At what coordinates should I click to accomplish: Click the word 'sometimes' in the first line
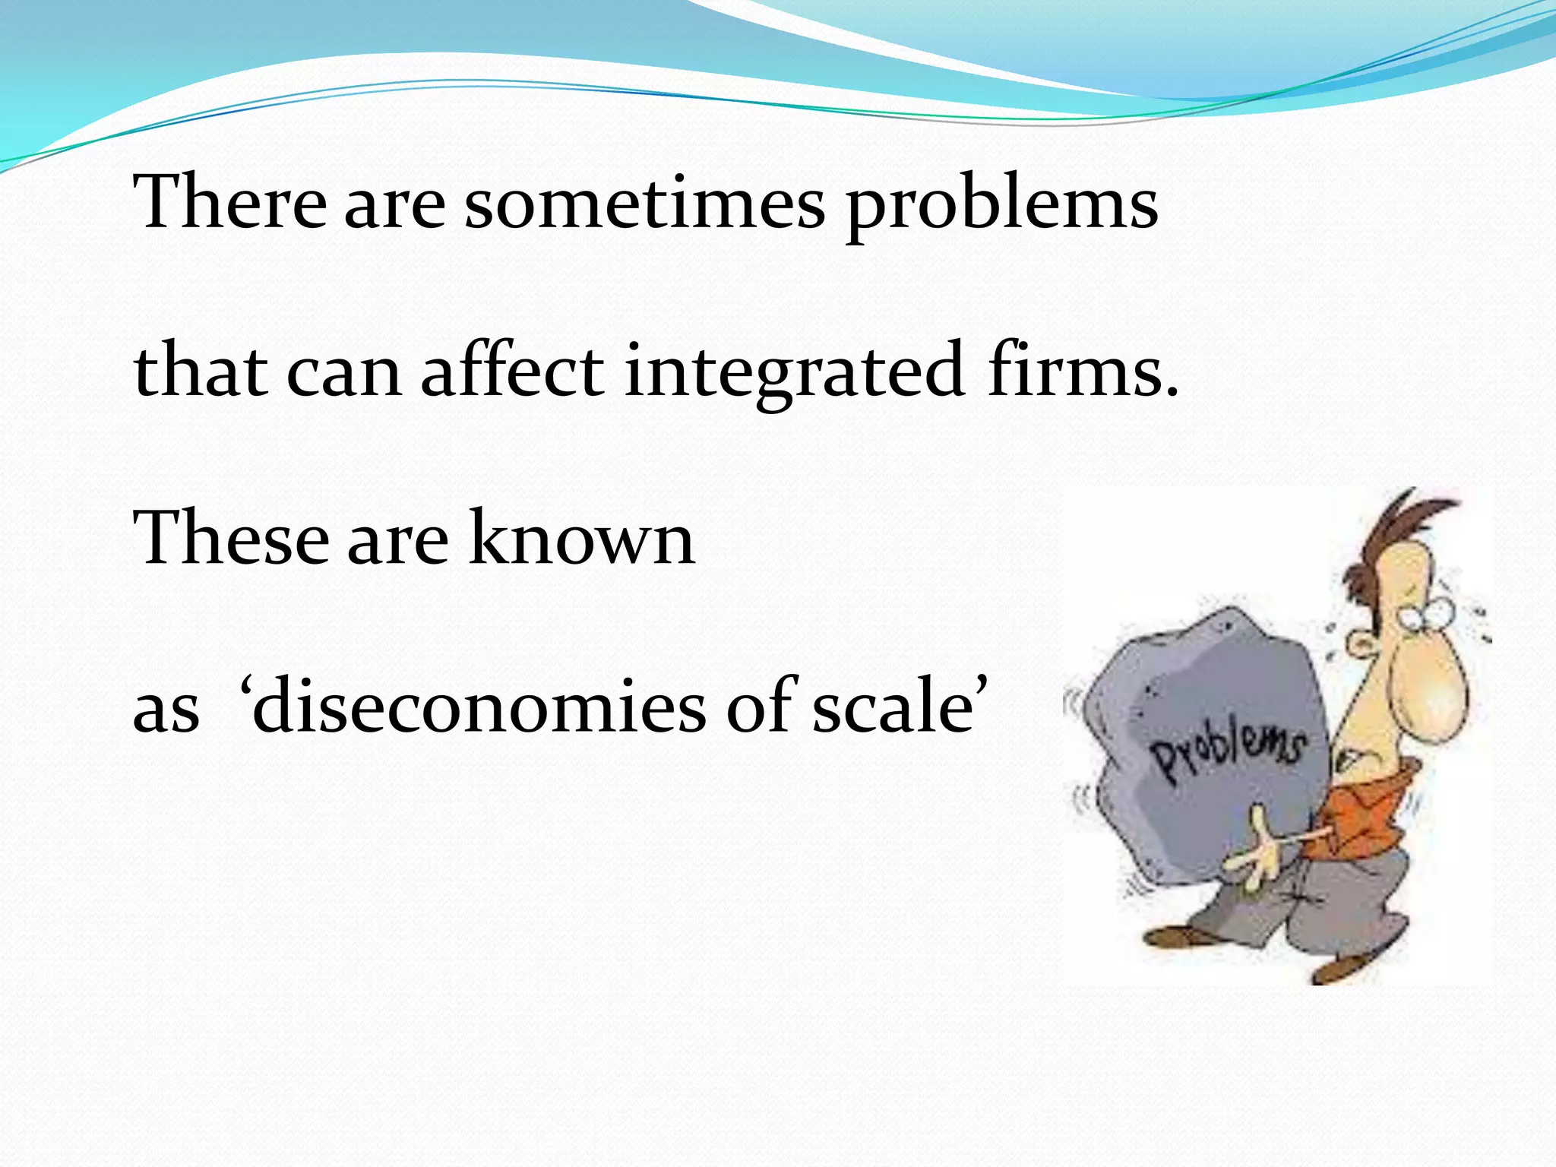644,204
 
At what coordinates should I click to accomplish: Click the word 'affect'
512,371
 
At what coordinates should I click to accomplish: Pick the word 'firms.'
1083,371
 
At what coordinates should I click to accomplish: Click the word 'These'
231,538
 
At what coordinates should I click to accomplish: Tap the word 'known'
580,538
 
